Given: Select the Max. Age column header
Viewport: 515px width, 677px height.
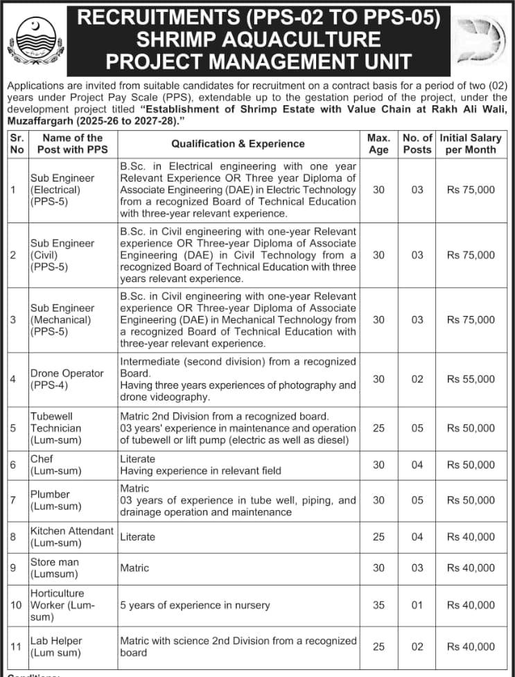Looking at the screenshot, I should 378,143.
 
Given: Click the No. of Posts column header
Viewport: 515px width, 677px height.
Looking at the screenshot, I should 417,143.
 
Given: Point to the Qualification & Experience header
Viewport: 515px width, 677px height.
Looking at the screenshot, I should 238,143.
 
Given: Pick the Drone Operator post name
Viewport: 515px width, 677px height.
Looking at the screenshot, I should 67,379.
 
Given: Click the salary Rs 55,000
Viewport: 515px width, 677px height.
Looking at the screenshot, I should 471,379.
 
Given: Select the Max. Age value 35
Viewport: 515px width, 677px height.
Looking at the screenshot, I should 378,605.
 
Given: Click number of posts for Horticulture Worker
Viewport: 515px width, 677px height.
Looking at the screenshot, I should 417,605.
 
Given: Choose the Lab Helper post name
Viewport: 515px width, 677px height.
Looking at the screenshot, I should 56,647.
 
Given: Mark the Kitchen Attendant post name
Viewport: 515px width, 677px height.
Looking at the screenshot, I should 71,536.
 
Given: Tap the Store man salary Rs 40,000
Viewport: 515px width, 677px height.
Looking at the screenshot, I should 471,568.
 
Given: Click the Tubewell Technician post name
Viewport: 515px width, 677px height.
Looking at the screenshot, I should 56,428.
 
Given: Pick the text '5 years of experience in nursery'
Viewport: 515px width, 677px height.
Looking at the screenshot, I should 195,605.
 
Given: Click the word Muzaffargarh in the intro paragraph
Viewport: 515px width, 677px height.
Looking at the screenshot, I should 38,120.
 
